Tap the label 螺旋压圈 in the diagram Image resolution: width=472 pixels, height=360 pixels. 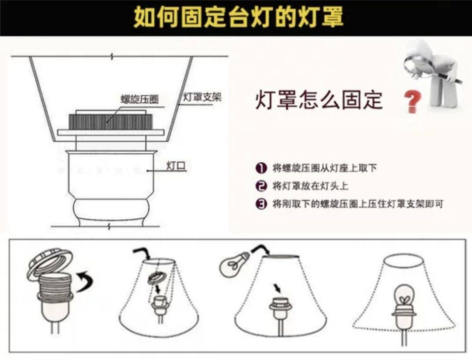click(x=139, y=100)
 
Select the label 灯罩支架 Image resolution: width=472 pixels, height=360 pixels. click(x=201, y=97)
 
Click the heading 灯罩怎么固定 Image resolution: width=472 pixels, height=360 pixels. click(x=319, y=100)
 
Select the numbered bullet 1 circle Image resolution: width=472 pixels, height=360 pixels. click(x=261, y=168)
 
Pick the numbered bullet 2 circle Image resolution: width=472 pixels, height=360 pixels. click(x=261, y=186)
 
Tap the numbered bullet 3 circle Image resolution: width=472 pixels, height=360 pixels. click(x=261, y=204)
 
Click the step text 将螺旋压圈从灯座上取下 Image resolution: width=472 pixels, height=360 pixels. click(x=324, y=168)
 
